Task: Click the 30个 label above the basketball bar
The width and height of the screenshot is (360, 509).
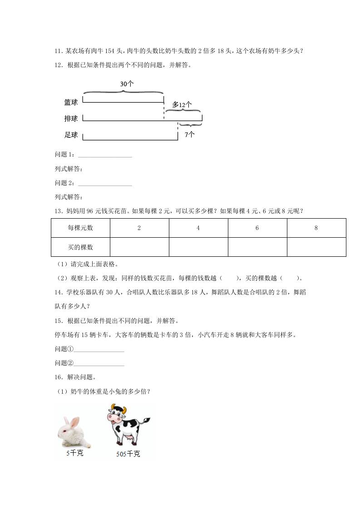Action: [x=127, y=84]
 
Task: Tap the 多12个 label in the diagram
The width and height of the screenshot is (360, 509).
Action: [x=182, y=105]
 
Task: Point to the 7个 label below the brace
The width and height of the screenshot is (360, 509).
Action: [x=189, y=134]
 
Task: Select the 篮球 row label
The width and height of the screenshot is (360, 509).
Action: [x=71, y=103]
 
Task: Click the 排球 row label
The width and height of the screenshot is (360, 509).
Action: [x=71, y=119]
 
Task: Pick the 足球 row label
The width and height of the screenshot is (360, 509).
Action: [x=71, y=135]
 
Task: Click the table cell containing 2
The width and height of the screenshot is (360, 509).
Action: [x=139, y=228]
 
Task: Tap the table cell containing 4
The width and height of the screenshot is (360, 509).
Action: [x=198, y=228]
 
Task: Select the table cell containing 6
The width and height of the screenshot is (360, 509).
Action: [x=257, y=228]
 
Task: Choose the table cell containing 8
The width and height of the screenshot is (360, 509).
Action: [x=316, y=228]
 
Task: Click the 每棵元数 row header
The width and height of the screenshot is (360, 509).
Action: [x=80, y=228]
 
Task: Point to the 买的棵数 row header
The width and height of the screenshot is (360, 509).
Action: [x=80, y=247]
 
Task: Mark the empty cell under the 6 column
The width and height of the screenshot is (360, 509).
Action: [x=257, y=247]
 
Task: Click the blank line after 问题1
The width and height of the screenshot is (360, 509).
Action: [x=105, y=157]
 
